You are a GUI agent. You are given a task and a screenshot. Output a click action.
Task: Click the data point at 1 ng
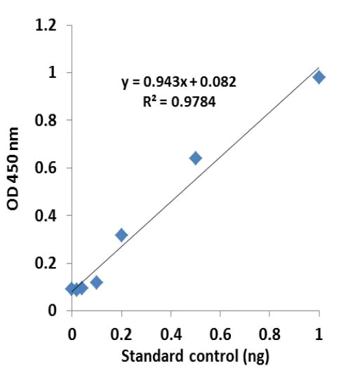319,77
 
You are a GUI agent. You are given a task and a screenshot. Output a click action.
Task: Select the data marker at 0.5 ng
195,158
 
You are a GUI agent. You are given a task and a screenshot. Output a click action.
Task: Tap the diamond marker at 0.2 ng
121,235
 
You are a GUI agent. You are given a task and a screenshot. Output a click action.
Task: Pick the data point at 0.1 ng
96,283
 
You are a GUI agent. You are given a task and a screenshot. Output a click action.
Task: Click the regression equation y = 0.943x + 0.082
179,82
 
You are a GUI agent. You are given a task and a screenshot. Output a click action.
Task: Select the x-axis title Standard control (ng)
195,355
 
